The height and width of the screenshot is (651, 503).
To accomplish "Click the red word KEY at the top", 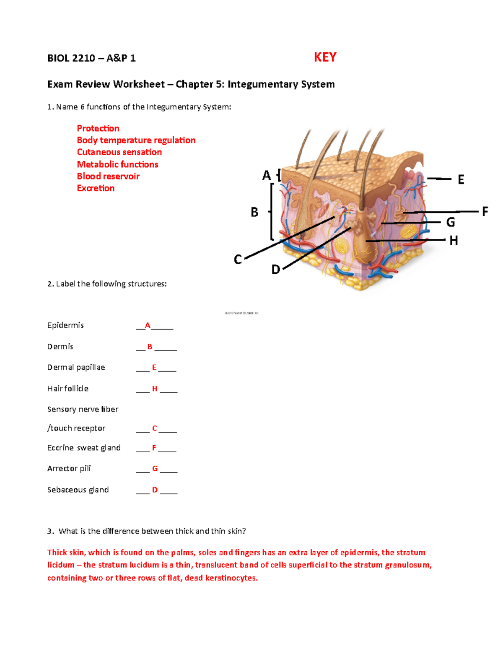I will pos(325,57).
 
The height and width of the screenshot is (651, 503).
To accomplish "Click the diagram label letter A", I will pos(266,175).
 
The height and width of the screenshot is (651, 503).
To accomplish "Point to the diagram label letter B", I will pos(254,213).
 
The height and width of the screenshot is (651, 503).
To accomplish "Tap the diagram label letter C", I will pos(238,260).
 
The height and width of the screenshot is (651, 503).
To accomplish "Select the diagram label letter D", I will pos(275,270).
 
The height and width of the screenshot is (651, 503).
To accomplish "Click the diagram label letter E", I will pos(461,180).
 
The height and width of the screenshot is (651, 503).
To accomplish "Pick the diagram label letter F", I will pos(485,211).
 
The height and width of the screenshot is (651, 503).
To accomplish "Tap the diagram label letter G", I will pos(450,222).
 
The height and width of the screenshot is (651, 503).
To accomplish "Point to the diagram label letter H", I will pos(454,241).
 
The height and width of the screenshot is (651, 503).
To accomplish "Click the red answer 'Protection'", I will pos(98,128).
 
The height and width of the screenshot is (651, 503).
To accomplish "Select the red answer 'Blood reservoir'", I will pos(108,176).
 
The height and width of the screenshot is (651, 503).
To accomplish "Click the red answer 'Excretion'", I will pos(96,188).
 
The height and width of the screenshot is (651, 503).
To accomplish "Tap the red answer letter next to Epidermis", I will pos(148,325).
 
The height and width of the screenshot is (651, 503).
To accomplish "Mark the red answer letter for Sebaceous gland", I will pos(155,490).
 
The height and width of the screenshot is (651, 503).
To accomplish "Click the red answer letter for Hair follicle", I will pos(155,389).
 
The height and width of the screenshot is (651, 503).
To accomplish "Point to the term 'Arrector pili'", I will pos(69,468).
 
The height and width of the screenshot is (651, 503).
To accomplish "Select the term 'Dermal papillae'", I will pos(76,367).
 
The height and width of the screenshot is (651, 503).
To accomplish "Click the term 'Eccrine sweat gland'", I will pos(84,448).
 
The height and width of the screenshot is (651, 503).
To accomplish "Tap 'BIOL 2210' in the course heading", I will pos(71,58).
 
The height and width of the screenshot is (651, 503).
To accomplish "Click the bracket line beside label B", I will pos(272,212).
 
